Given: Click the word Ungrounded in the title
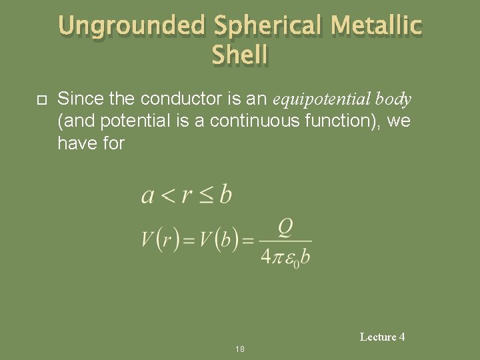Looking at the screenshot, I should point(133,27).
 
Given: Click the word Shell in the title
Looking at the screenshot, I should point(240,55).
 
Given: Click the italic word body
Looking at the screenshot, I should point(393,100).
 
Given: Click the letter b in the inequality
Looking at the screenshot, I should point(225,195).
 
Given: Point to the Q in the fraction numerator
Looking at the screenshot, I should point(285,229).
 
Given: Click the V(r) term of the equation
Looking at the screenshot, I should point(161,240).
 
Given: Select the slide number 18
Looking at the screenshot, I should point(240,349).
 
